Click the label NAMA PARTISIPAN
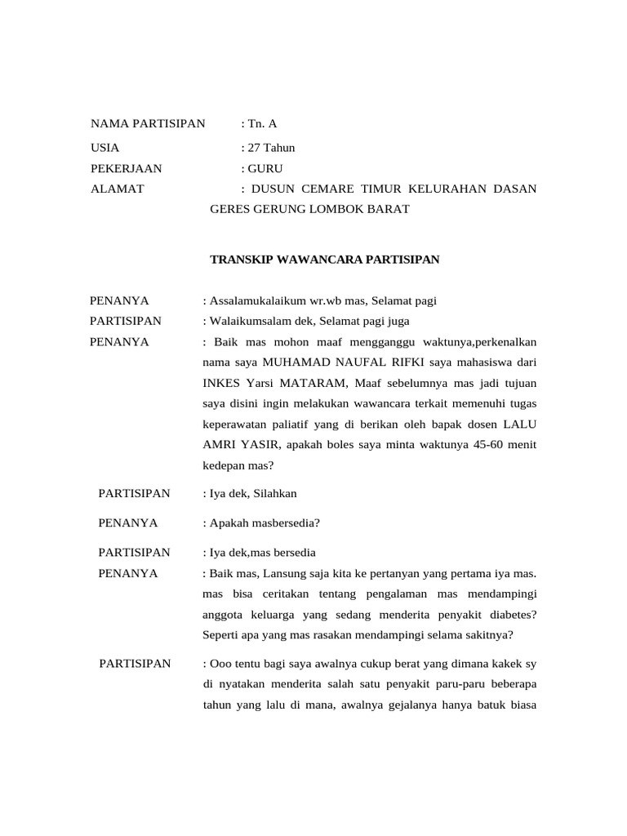[148, 124]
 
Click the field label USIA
[104, 148]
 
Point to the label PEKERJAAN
[126, 169]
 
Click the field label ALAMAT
[117, 189]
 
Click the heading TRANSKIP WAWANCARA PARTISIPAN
[325, 260]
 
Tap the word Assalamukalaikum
[257, 301]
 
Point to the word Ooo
[221, 664]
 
